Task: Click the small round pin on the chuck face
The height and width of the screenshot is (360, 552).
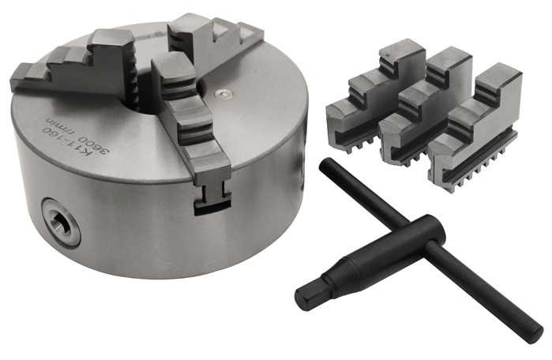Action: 223,94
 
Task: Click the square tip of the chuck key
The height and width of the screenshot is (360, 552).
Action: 308,296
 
